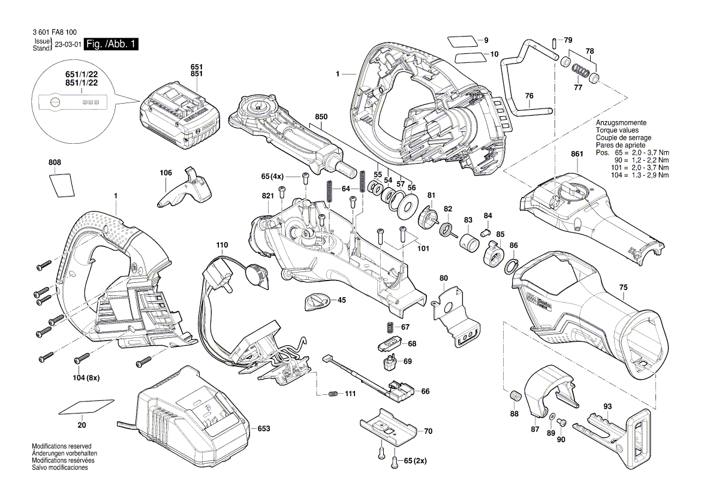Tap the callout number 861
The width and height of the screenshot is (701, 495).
(577, 154)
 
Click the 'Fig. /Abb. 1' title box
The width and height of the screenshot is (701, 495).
(112, 44)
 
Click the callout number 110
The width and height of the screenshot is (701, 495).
(222, 245)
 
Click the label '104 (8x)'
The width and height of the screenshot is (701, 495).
(86, 378)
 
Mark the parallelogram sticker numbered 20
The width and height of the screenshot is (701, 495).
(87, 407)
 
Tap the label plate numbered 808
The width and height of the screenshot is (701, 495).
(61, 184)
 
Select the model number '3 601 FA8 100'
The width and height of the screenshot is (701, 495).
(56, 33)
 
